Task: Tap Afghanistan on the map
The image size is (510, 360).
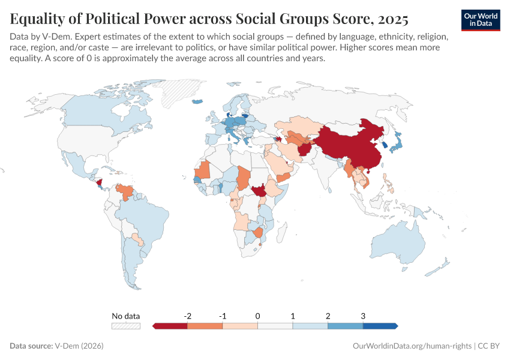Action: click(304, 148)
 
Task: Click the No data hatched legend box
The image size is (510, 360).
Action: click(125, 326)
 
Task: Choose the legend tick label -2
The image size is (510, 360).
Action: click(187, 316)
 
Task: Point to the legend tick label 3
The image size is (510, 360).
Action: click(363, 316)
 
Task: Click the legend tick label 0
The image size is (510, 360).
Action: click(257, 316)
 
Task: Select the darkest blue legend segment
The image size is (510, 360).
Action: click(380, 326)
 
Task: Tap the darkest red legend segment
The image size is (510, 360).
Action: click(170, 326)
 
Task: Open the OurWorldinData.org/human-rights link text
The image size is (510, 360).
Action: click(412, 346)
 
